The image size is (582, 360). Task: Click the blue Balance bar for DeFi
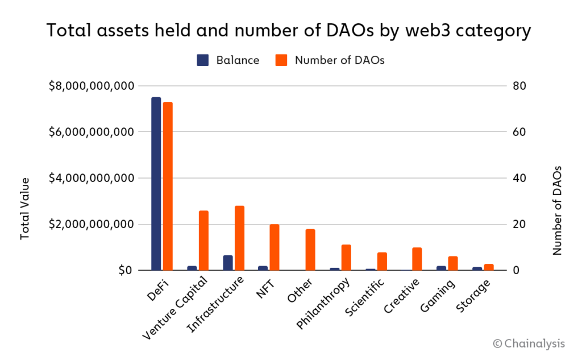click(156, 184)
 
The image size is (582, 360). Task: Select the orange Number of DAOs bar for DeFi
click(168, 186)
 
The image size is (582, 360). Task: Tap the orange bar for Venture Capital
click(203, 241)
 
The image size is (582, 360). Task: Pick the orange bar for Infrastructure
click(239, 238)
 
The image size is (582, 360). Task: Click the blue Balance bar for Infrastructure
click(227, 263)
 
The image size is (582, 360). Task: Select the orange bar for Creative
click(417, 259)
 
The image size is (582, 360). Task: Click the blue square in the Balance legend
click(203, 60)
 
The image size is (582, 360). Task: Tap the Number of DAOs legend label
click(339, 60)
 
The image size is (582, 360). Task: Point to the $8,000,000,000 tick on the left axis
click(92, 86)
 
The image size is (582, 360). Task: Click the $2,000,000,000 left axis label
click(92, 224)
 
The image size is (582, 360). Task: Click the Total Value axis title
click(25, 208)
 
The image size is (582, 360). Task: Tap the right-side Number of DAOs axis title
click(557, 210)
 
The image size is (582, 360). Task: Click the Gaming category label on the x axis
click(436, 296)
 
